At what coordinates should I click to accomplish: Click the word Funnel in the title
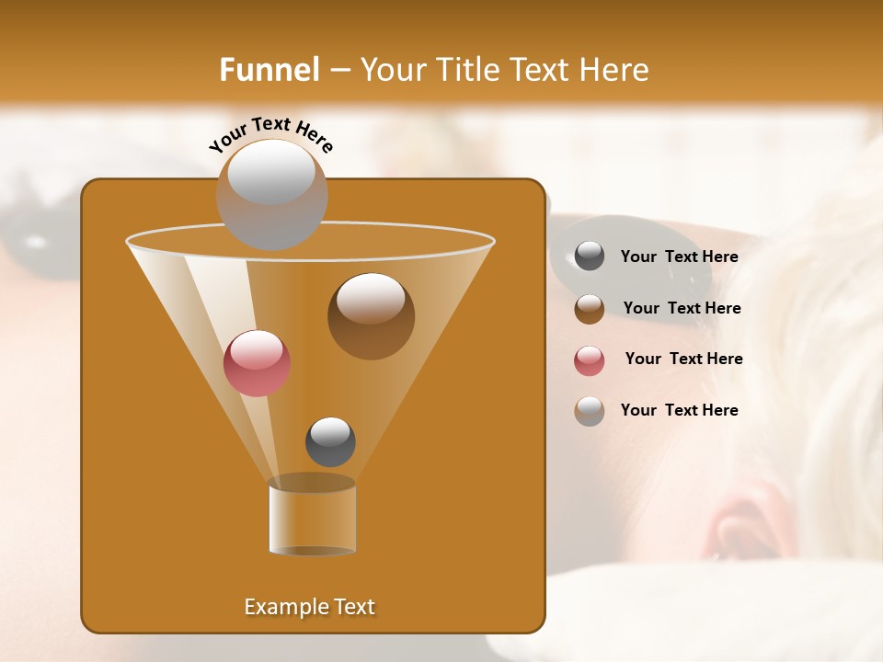click(x=269, y=70)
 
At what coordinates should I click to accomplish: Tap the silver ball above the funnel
click(x=271, y=194)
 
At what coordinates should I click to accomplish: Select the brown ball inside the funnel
click(x=371, y=316)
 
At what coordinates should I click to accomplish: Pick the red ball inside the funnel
click(x=257, y=363)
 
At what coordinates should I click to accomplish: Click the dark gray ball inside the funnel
click(x=330, y=441)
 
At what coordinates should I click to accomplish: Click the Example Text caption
click(x=309, y=607)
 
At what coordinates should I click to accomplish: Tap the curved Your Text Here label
click(x=270, y=135)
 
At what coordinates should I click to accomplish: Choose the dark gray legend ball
click(x=590, y=257)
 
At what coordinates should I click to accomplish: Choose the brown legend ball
click(x=590, y=309)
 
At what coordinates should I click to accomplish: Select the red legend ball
click(x=590, y=360)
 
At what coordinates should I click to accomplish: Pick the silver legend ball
click(x=590, y=411)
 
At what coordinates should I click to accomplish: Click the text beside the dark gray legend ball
click(x=679, y=257)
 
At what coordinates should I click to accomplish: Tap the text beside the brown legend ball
click(x=682, y=309)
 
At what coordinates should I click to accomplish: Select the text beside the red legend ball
click(x=683, y=360)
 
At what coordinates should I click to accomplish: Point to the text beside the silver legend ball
click(x=679, y=411)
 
